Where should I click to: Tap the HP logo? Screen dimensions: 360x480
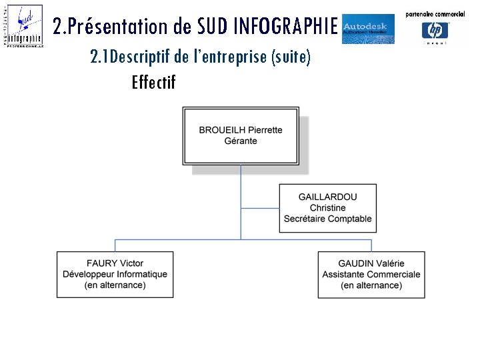tap(435, 30)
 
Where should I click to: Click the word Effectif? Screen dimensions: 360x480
tap(153, 83)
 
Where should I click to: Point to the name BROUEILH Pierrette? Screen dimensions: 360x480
tap(241, 130)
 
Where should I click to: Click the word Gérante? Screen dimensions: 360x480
tap(241, 141)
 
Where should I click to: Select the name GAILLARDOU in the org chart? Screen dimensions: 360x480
tap(327, 197)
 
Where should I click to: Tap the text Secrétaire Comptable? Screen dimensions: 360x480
tap(327, 219)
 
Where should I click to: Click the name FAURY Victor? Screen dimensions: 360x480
tap(115, 263)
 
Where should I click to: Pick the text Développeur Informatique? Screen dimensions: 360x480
tap(115, 274)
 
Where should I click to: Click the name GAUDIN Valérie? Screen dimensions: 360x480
tap(371, 263)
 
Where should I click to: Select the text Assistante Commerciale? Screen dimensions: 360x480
tap(371, 274)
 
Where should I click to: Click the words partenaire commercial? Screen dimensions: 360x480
tap(435, 14)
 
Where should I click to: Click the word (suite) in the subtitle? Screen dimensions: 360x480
tap(291, 57)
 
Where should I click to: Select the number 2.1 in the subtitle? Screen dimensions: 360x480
tap(99, 57)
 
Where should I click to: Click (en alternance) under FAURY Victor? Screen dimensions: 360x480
tap(115, 285)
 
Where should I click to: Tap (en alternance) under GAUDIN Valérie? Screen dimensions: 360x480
tap(371, 285)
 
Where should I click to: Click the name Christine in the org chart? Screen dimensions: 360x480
tap(327, 208)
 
